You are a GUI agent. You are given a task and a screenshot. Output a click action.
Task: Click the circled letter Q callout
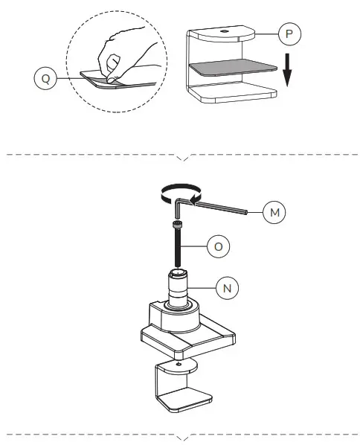46,79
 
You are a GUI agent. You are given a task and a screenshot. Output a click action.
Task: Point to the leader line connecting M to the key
255,214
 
